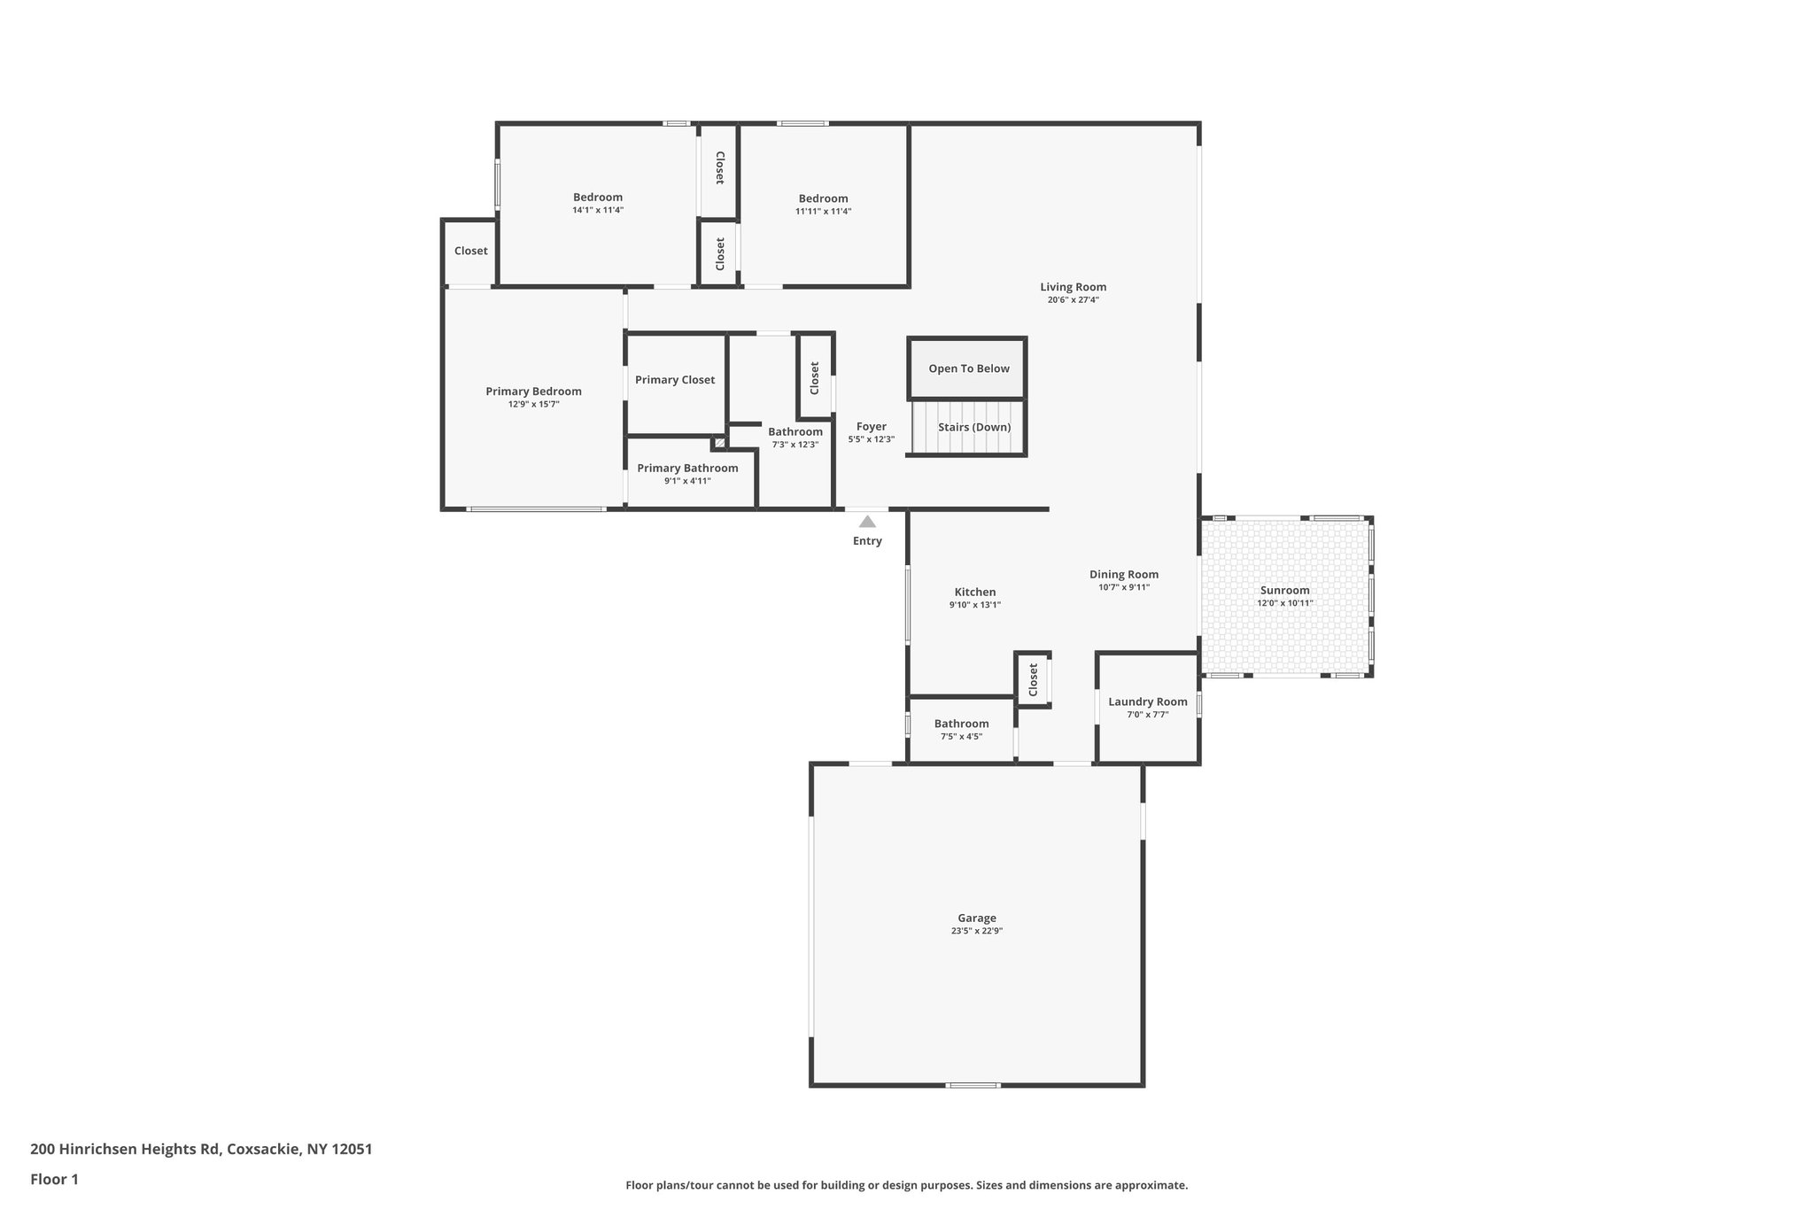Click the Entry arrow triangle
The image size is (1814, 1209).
click(867, 522)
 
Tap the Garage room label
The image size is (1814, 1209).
click(977, 918)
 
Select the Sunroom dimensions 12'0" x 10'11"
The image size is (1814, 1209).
click(1284, 603)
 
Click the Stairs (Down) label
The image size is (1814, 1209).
click(973, 427)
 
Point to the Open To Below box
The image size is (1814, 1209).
click(967, 368)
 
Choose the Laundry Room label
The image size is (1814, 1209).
click(1147, 701)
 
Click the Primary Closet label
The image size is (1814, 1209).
click(674, 380)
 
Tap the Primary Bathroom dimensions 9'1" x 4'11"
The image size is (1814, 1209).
click(687, 481)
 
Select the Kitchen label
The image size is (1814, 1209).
click(974, 592)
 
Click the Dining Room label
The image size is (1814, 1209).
click(1123, 574)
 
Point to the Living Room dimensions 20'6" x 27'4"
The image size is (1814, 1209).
click(1073, 299)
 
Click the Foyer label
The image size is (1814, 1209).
click(871, 426)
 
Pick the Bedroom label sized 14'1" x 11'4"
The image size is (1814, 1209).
click(597, 198)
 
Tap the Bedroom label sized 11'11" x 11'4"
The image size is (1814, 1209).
click(823, 198)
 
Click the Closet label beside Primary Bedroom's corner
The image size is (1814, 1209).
click(470, 251)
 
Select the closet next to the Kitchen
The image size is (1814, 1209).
click(1033, 680)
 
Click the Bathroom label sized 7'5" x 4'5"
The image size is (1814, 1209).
click(961, 724)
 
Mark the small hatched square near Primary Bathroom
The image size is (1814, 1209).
click(719, 442)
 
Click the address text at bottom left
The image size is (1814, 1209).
click(201, 1149)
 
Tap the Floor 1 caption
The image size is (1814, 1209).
click(54, 1179)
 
